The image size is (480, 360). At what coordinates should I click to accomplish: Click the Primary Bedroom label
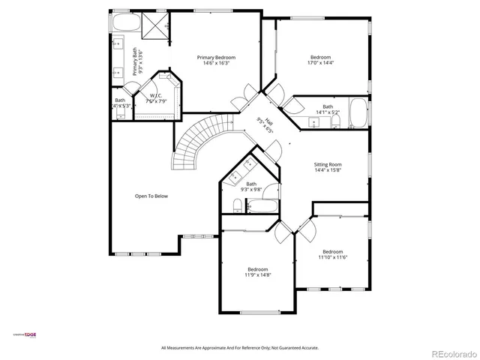point(217,58)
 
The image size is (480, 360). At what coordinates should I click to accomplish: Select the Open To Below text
point(151,196)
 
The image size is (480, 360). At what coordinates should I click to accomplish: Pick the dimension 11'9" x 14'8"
point(258,275)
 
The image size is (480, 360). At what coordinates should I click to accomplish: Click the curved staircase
point(196,142)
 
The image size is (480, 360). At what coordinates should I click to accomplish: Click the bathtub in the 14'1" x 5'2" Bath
point(358,115)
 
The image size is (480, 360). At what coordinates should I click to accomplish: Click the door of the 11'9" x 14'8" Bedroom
point(283,233)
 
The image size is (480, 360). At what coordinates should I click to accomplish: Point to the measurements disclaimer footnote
point(240,348)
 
